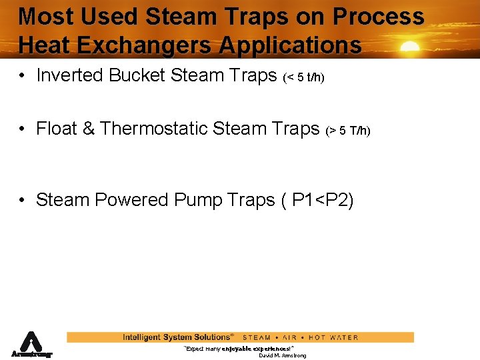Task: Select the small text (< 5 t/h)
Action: (x=303, y=78)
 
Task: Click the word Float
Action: (x=57, y=129)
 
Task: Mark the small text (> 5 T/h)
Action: (x=347, y=131)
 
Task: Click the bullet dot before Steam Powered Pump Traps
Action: (x=23, y=201)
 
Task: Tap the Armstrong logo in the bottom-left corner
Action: (x=31, y=345)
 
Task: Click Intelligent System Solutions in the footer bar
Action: (x=177, y=337)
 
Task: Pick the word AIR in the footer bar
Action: (x=290, y=337)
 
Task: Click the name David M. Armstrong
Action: (x=282, y=356)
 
